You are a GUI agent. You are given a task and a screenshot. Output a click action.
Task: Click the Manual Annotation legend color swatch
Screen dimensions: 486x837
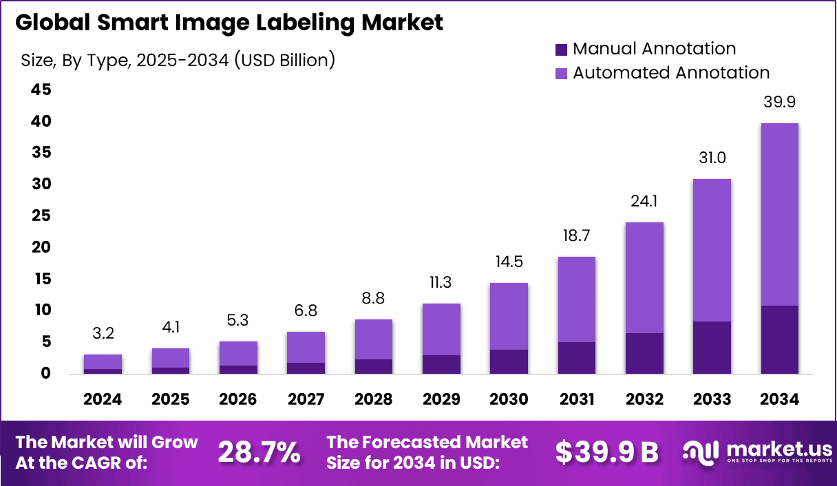[561, 50]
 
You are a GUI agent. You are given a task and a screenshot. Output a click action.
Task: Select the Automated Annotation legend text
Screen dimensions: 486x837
[671, 72]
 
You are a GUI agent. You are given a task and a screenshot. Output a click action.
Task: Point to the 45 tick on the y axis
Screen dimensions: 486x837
[40, 90]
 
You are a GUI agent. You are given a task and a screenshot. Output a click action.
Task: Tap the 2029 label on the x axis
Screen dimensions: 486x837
[441, 400]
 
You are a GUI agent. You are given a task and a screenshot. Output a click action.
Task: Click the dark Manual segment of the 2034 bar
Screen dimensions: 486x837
[779, 339]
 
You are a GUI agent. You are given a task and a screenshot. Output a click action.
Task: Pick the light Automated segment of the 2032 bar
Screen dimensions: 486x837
[644, 277]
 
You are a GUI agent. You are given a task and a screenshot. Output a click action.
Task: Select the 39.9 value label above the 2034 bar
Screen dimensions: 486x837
[779, 102]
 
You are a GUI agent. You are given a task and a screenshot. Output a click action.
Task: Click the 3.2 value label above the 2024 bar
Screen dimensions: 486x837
[103, 335]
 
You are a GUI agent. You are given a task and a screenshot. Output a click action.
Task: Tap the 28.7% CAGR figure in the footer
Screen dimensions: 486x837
[259, 452]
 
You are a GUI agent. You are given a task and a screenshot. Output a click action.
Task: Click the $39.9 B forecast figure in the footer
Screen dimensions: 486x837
[606, 452]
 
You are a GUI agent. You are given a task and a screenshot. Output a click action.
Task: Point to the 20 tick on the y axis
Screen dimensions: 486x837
[40, 248]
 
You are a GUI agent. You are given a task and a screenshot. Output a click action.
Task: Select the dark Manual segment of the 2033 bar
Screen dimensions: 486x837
[712, 348]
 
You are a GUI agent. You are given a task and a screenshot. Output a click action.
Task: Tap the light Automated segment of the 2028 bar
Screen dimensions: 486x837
[374, 339]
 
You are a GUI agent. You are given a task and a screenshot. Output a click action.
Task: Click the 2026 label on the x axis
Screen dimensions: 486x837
[238, 400]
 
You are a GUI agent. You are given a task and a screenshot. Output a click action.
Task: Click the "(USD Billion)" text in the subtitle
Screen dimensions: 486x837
[284, 61]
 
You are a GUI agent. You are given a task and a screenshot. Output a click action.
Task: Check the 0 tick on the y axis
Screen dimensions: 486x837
[45, 374]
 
